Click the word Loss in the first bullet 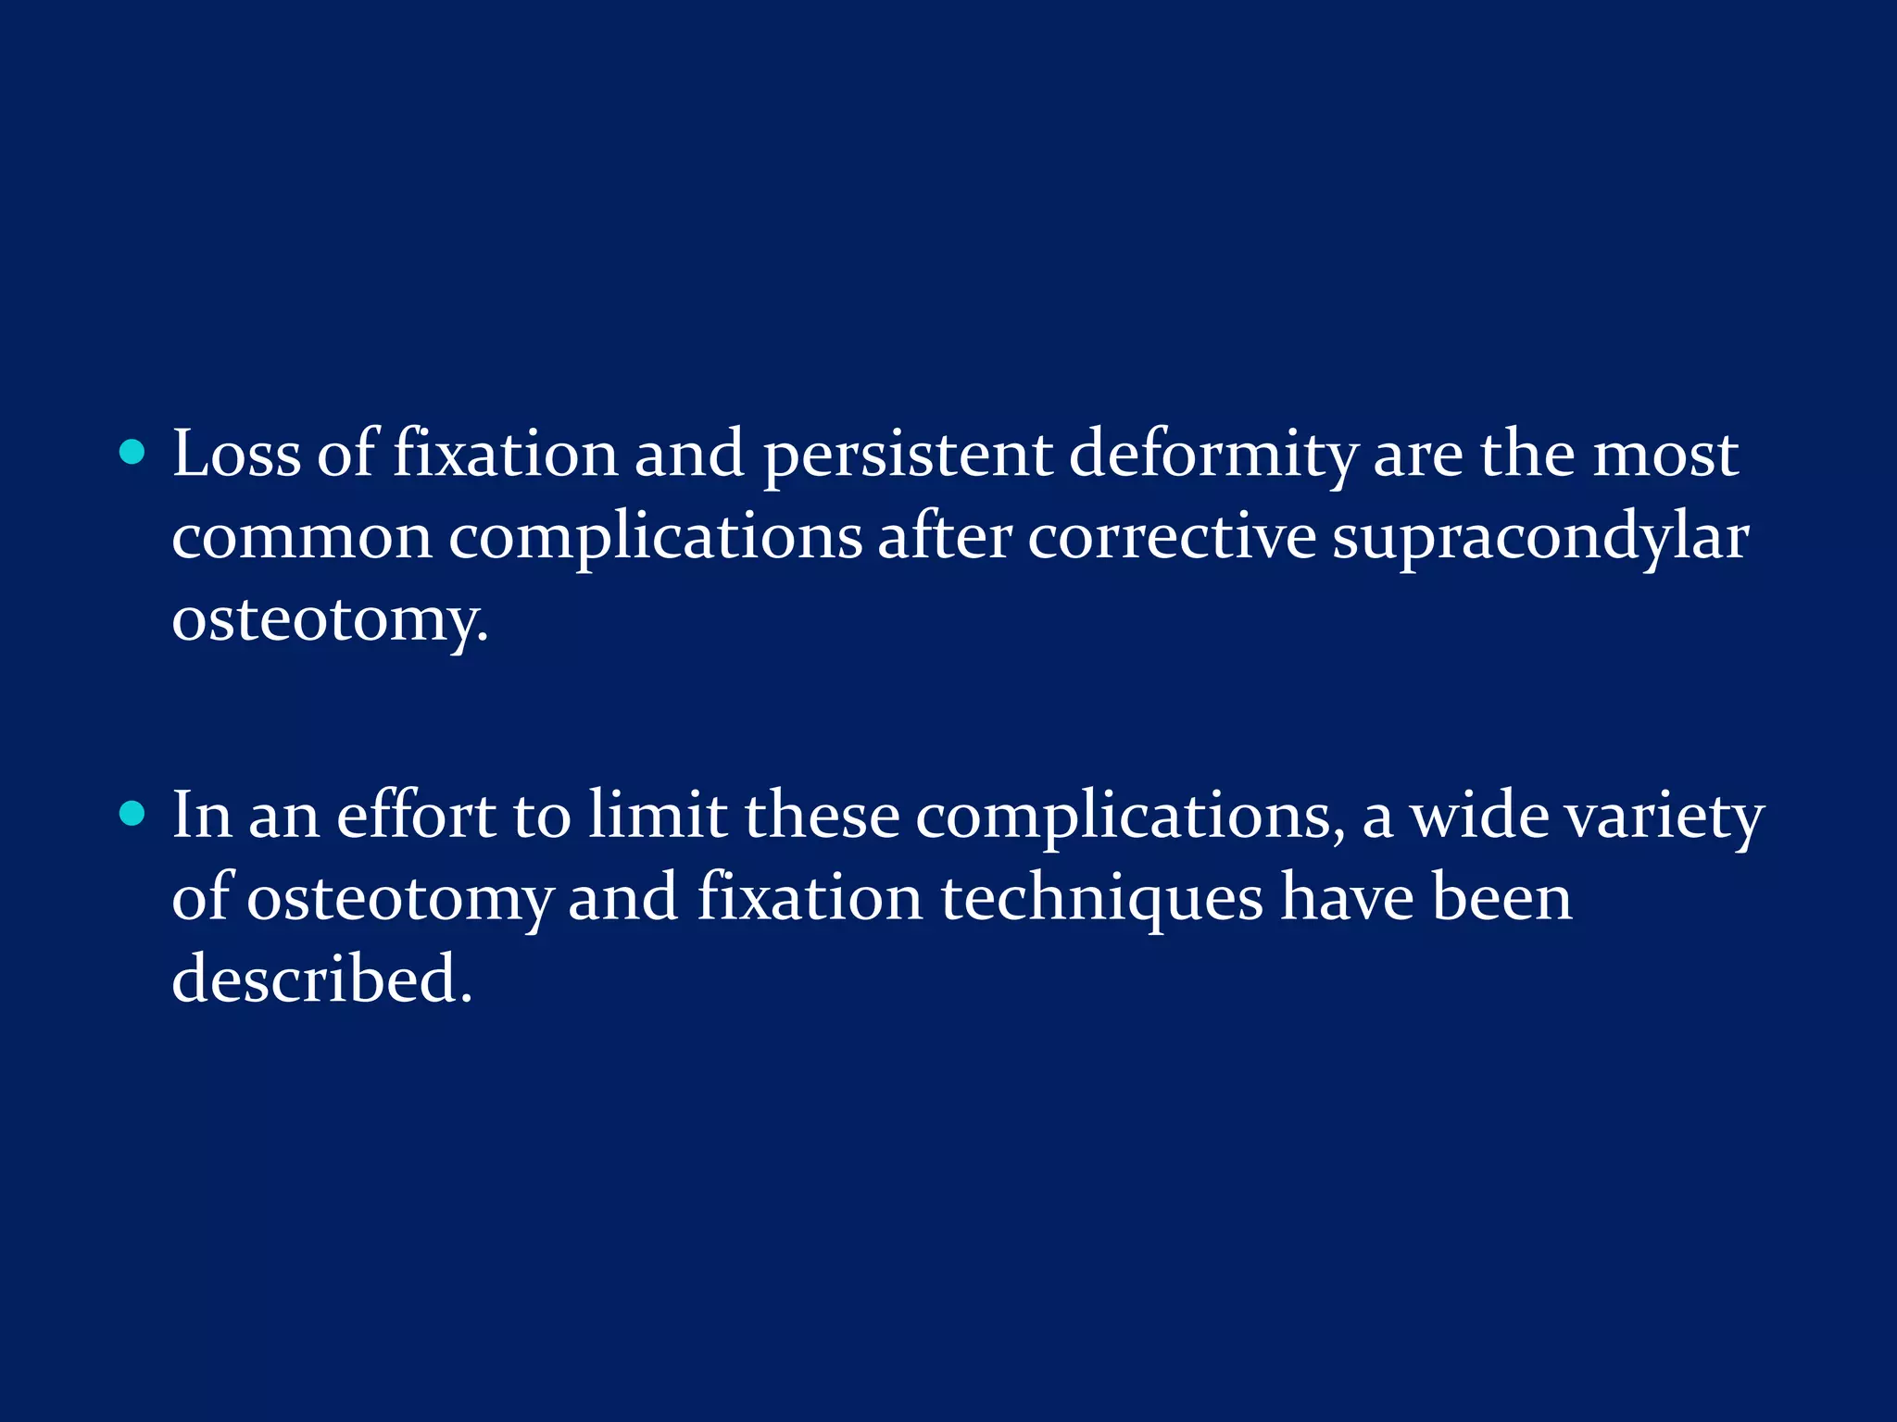coord(236,455)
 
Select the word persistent coord(907,456)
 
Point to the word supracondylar coord(1540,538)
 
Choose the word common coord(302,538)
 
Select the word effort coord(416,816)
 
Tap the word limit coord(658,816)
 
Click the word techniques coord(1101,899)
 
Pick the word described coord(320,979)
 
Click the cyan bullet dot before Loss coord(133,453)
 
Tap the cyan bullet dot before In coord(133,814)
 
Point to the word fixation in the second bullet coord(810,897)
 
